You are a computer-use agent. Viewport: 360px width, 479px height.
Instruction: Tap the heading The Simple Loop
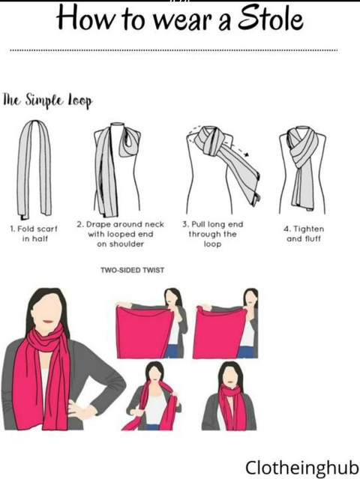click(x=48, y=100)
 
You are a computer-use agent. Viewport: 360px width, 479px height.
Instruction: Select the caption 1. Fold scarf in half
click(x=34, y=234)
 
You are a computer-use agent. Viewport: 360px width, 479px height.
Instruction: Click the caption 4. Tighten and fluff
click(x=304, y=234)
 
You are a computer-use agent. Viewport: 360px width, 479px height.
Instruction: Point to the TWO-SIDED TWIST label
click(x=132, y=270)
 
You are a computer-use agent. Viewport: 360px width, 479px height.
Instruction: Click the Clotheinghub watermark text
click(x=302, y=468)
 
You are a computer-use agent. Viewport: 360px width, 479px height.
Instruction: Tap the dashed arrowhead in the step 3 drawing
click(x=246, y=155)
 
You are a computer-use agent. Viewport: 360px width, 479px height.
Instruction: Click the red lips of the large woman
click(x=48, y=322)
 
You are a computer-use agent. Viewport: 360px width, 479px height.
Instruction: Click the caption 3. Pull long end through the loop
click(x=213, y=234)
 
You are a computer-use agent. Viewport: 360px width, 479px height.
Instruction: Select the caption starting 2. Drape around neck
click(x=121, y=234)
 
